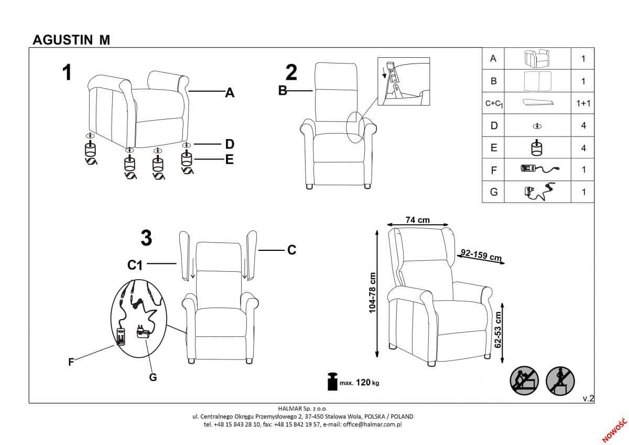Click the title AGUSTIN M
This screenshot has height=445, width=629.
[x=71, y=40]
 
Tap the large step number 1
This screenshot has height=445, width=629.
[x=67, y=72]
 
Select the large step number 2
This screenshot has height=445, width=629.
[x=291, y=72]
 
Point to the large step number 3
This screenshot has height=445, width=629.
[x=146, y=238]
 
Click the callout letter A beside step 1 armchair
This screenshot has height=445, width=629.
[x=230, y=92]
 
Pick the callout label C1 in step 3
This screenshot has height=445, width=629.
[x=135, y=265]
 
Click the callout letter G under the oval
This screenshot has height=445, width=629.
[x=153, y=377]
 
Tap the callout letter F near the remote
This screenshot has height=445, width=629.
[x=71, y=362]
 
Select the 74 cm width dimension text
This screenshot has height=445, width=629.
[x=418, y=219]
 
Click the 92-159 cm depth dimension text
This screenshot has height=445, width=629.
[x=481, y=255]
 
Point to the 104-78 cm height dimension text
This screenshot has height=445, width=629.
[x=372, y=293]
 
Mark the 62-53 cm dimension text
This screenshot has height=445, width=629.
[x=497, y=329]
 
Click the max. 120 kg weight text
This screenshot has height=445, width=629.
[x=359, y=383]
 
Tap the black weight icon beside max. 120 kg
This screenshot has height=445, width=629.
[x=332, y=381]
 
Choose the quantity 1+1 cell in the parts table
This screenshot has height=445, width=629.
[x=583, y=103]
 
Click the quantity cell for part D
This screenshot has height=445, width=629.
[x=583, y=125]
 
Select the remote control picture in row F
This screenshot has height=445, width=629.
[x=540, y=168]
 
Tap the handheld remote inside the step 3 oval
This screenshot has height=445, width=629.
[x=121, y=336]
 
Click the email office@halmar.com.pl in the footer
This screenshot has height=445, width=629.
[x=372, y=425]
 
